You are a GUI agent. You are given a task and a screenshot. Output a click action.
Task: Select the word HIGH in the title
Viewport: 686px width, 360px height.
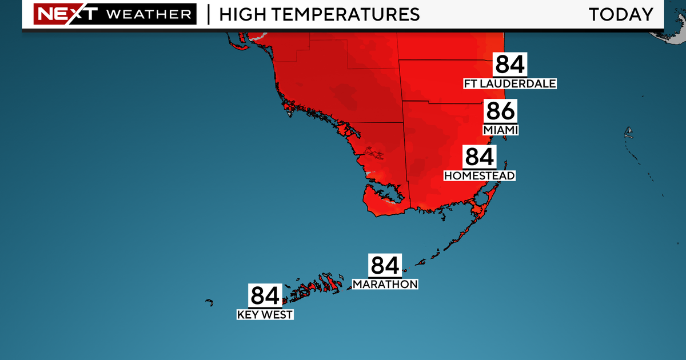(x=240, y=14)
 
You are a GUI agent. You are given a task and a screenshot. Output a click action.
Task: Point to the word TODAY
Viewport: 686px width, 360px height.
(x=621, y=14)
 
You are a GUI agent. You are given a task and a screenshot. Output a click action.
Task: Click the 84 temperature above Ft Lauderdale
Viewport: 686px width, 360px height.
(x=510, y=65)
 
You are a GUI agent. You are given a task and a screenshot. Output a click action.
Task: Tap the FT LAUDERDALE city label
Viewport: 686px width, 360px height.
(x=510, y=84)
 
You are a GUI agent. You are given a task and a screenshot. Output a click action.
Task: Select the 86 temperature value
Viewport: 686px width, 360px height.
(x=501, y=111)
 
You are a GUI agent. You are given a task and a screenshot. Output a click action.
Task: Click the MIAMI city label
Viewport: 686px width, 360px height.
(x=501, y=130)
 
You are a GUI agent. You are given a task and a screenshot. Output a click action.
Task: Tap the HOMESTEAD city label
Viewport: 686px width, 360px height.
(x=480, y=175)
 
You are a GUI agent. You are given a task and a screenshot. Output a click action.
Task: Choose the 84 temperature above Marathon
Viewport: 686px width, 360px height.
(x=385, y=266)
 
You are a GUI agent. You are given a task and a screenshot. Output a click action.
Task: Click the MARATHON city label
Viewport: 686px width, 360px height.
(x=385, y=284)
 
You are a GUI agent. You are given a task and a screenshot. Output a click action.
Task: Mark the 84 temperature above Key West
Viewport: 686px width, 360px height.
(x=265, y=296)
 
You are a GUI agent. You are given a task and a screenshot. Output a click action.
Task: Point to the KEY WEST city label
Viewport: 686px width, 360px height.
(x=265, y=314)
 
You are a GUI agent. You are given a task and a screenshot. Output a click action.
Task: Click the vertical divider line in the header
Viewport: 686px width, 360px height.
(x=208, y=14)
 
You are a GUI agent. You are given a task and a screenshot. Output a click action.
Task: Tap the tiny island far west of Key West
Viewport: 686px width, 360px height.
(x=209, y=302)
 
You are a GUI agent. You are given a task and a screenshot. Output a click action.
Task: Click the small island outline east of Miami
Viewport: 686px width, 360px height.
(x=629, y=134)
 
